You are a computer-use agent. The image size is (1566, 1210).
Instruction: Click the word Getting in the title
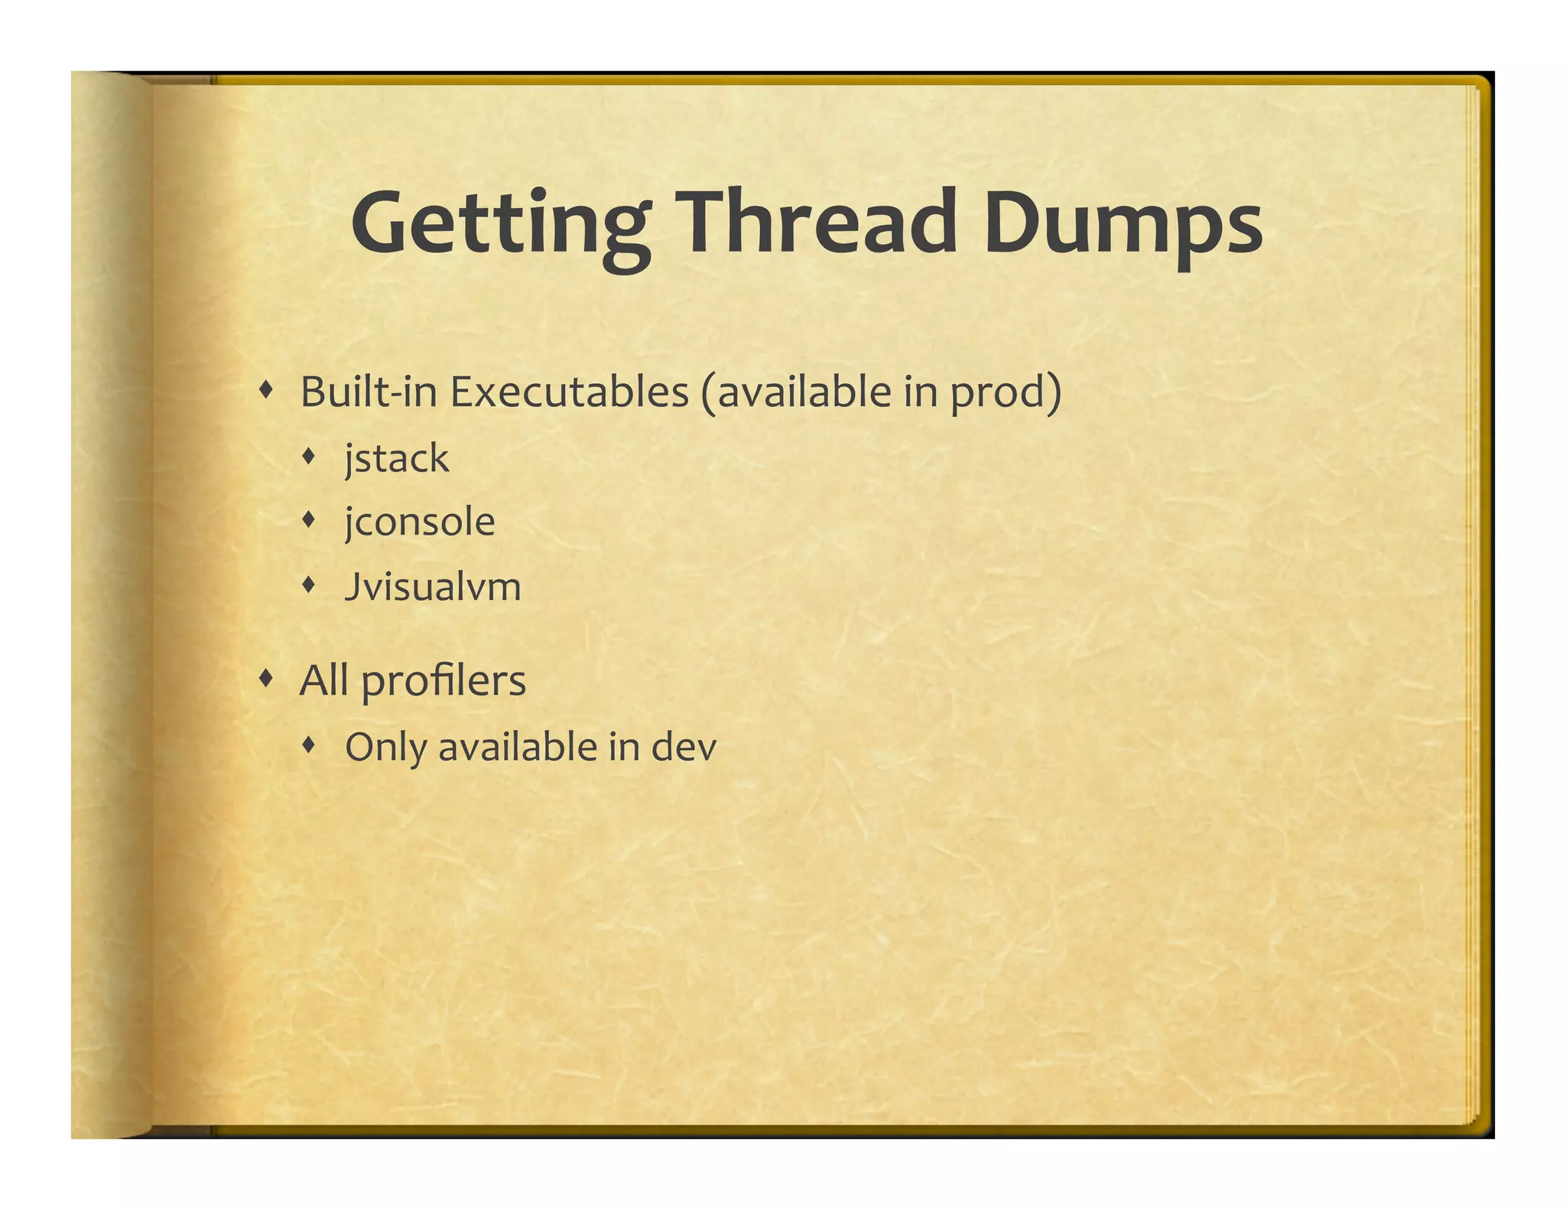501,223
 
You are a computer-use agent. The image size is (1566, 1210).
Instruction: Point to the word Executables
569,392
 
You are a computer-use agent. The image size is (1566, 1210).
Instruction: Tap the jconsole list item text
420,523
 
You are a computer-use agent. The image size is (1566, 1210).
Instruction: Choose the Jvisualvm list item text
433,587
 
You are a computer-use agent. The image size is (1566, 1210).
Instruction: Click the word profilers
443,681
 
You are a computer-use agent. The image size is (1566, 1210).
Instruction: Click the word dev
684,747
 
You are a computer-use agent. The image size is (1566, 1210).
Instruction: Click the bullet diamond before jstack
308,457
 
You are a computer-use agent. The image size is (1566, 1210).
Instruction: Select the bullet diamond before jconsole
308,520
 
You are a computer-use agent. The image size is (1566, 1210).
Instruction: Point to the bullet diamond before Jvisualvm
308,585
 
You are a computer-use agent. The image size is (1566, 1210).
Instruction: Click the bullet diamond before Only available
308,744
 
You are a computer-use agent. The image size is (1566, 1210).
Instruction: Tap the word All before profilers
323,680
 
